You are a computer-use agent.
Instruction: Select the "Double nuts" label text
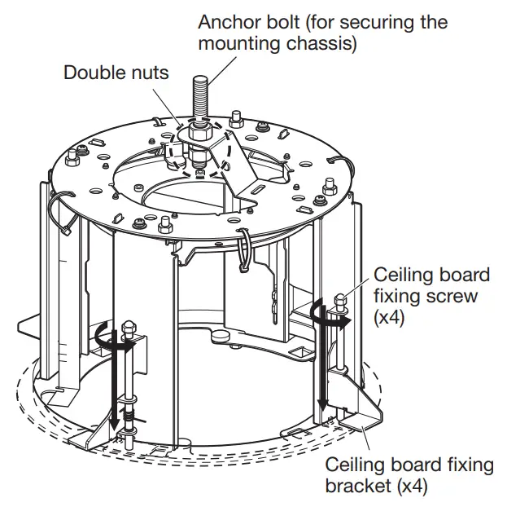(116, 73)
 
